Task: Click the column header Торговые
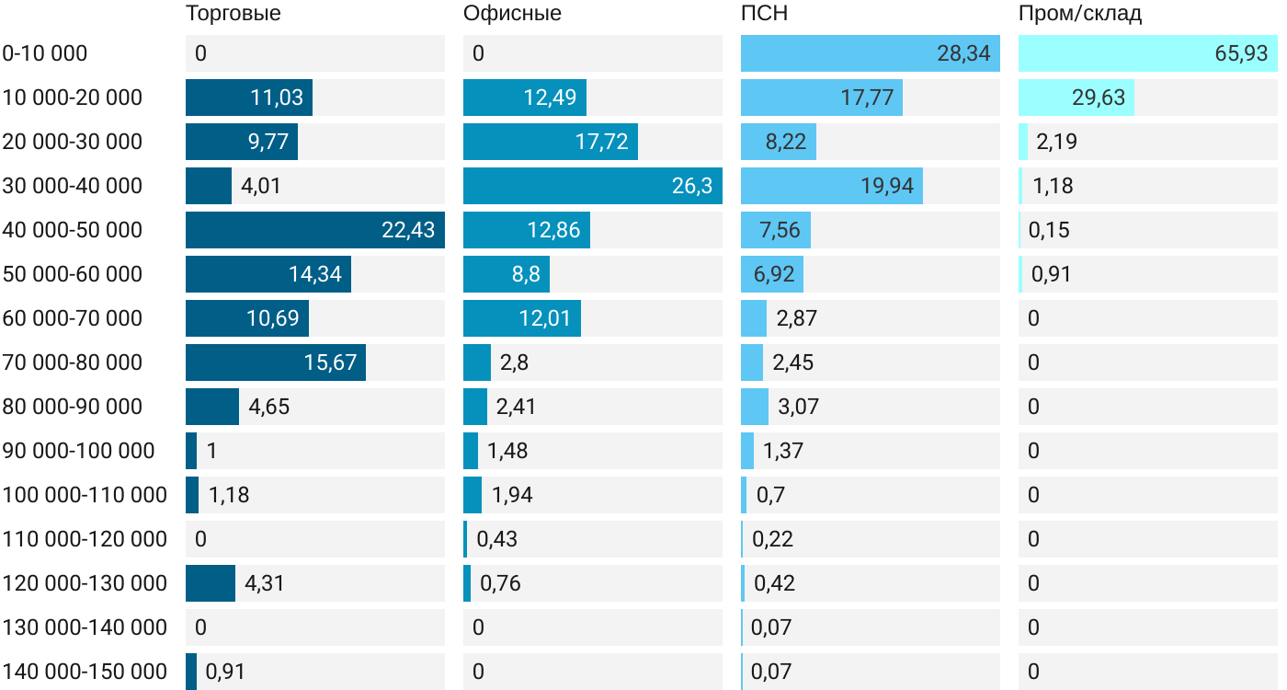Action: coord(233,14)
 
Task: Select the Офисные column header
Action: coord(512,14)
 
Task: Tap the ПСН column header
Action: coord(764,14)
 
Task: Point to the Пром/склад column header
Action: coord(1080,14)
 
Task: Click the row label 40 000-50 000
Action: coord(73,230)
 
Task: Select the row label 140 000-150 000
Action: coord(85,672)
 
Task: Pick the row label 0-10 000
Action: coord(45,53)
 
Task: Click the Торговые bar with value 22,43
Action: coord(314,230)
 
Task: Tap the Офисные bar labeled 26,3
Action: coord(592,186)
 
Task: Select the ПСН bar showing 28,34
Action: coord(870,53)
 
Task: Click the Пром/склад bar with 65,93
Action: coord(1147,53)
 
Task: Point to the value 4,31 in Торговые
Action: coord(265,583)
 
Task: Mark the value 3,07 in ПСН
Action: coord(798,407)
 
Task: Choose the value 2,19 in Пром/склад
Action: coord(1056,142)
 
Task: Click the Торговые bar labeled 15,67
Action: coord(275,362)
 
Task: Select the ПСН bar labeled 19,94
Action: coord(831,186)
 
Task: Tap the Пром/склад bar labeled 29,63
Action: coord(1076,98)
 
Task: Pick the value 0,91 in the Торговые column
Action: coord(225,672)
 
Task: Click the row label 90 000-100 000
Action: coord(78,451)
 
